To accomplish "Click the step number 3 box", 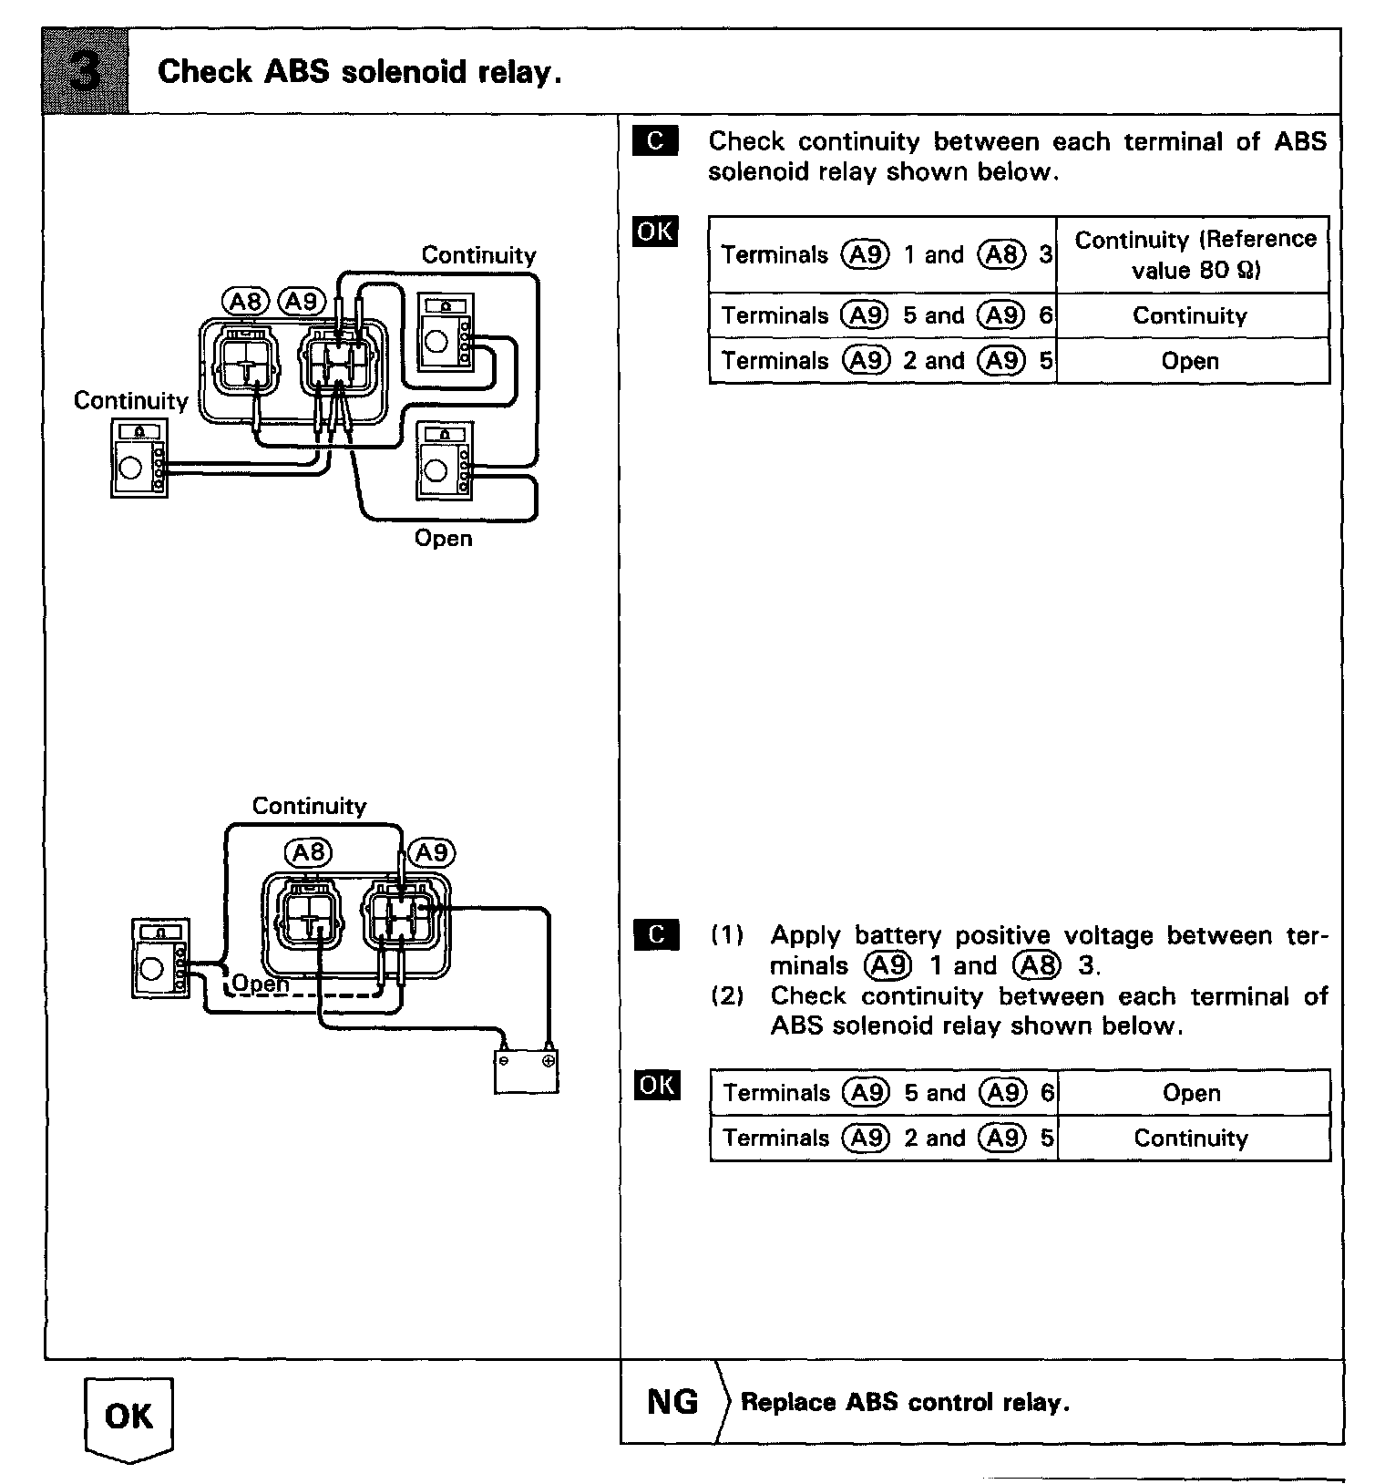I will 86,71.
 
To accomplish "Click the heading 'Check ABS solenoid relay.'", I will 359,71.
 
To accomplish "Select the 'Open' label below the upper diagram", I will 443,538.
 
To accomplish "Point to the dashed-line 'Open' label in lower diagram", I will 261,984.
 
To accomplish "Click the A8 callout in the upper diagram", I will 245,301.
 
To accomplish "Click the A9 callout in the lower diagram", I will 431,852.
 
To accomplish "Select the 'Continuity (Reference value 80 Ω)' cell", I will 1194,254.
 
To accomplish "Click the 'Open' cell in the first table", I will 1190,361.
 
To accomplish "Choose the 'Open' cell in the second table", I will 1191,1093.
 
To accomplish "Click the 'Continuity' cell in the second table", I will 1191,1138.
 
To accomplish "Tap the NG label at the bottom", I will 672,1401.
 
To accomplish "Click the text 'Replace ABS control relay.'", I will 905,1402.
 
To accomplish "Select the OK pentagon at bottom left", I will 128,1417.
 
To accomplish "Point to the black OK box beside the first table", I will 655,232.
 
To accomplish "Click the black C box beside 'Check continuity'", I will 655,141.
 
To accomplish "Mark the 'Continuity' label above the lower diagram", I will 309,806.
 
